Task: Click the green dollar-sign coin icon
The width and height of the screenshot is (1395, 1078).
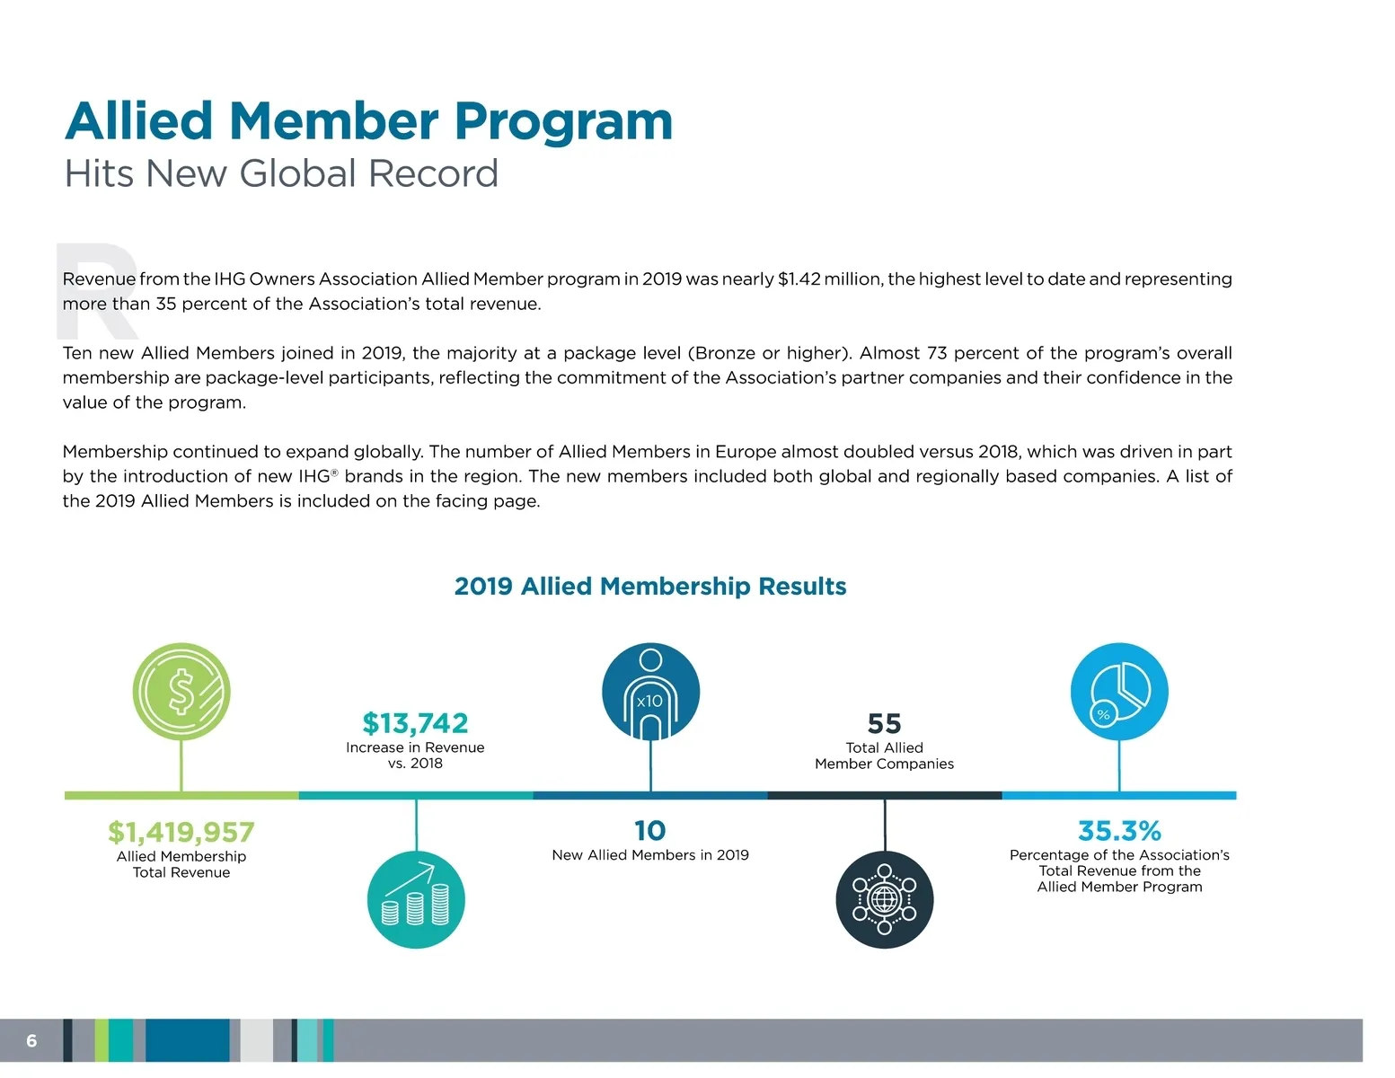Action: click(181, 692)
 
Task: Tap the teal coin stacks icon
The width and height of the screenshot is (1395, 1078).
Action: click(416, 899)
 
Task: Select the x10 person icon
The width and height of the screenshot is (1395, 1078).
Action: click(650, 692)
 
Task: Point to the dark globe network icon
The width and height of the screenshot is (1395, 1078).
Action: click(885, 899)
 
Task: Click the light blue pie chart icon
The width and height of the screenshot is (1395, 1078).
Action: click(1119, 692)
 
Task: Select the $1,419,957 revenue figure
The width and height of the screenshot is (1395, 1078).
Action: click(181, 832)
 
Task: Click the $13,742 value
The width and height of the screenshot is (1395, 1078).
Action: click(415, 723)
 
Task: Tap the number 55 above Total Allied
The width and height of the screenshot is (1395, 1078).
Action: click(885, 723)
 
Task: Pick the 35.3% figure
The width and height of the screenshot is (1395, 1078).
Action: click(1119, 831)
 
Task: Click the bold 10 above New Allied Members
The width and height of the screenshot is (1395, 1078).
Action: click(650, 831)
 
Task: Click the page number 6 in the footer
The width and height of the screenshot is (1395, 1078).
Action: click(31, 1040)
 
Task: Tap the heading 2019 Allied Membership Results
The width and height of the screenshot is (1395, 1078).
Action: click(650, 587)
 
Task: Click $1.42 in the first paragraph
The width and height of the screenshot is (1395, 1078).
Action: click(799, 279)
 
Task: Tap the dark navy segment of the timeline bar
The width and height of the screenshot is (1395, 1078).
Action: click(885, 795)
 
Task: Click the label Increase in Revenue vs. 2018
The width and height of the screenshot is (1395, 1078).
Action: click(415, 755)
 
